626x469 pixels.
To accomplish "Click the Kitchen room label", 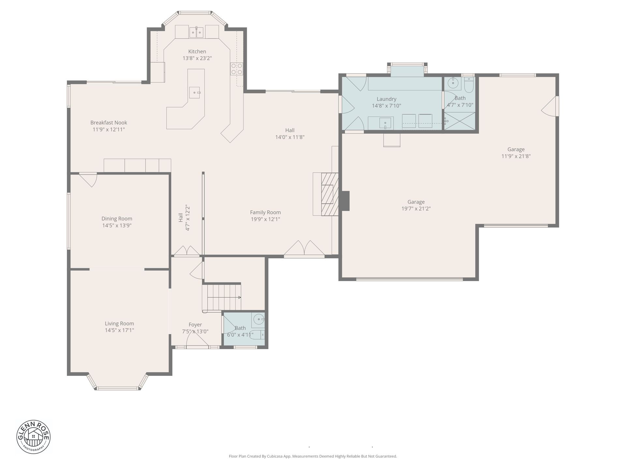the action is point(197,51).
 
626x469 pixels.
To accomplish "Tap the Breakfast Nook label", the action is point(109,123).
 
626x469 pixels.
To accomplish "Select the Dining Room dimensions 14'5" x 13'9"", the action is point(117,225).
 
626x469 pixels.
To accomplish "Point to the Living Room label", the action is point(119,323).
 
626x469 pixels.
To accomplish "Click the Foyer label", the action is point(195,325).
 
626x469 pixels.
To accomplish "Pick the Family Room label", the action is point(265,212).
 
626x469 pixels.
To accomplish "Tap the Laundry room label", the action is point(386,99).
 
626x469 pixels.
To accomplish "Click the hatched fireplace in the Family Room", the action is point(330,194).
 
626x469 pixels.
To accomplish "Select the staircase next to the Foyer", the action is point(222,297).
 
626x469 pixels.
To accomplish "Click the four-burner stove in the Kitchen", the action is point(237,69).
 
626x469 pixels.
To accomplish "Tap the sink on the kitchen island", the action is point(195,92).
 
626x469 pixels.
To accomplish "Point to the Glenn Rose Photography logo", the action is point(34,437).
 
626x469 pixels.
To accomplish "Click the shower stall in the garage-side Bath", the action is point(460,121).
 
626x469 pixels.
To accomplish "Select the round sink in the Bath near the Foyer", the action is point(259,319).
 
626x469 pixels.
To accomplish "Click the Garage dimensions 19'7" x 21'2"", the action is point(416,209).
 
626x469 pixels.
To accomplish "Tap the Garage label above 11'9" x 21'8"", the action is point(516,149).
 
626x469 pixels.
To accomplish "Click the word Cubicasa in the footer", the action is point(275,456).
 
